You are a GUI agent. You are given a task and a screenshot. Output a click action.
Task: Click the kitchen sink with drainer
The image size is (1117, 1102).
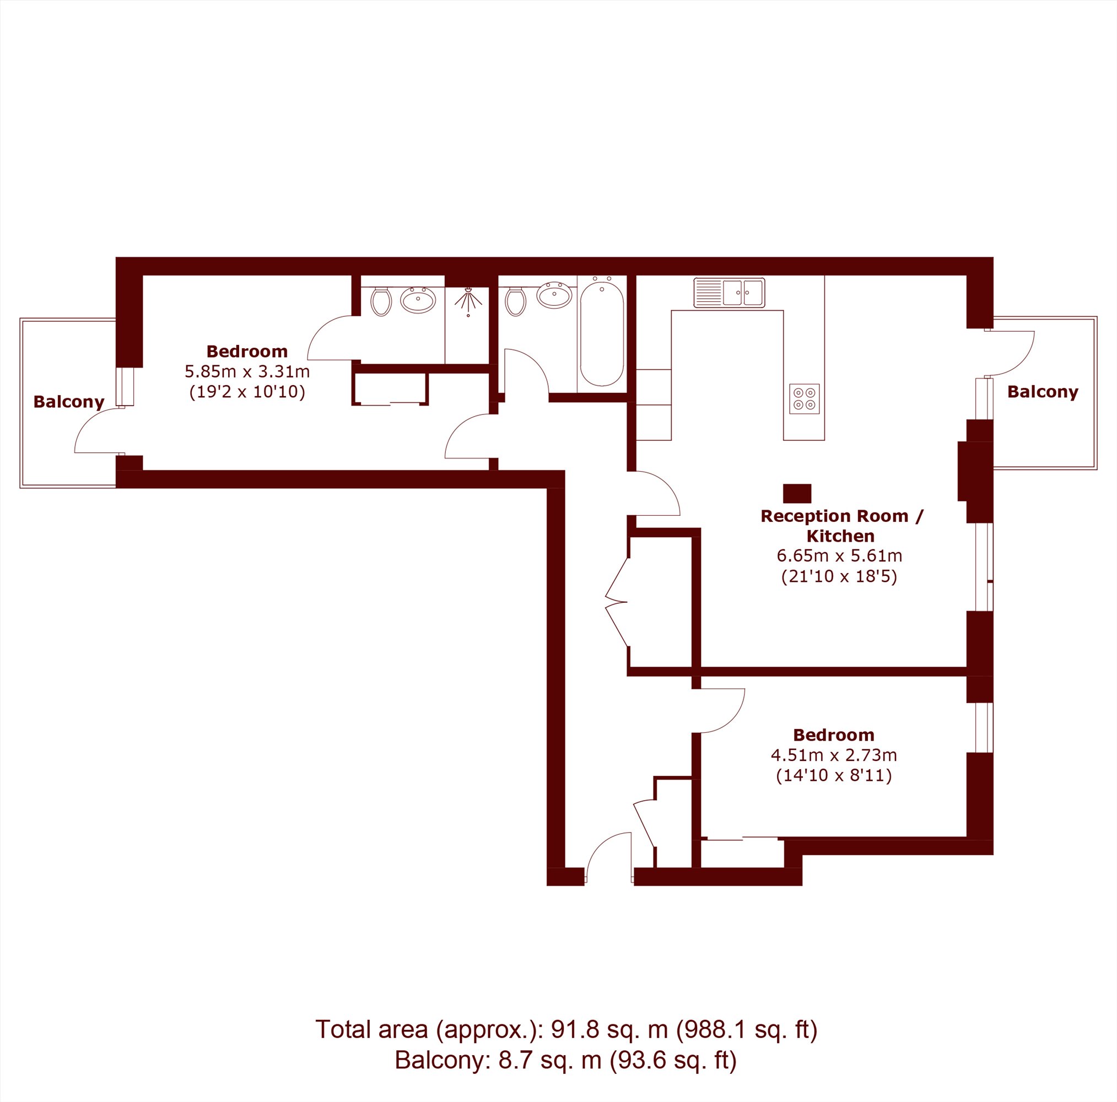click(729, 293)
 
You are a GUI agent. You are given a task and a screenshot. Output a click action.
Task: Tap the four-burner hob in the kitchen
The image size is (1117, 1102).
click(804, 399)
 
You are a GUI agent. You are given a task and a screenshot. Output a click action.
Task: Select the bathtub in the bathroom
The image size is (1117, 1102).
click(602, 333)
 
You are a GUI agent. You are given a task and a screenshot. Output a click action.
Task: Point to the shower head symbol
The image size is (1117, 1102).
click(468, 301)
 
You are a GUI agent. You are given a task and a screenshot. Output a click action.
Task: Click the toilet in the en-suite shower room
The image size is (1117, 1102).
click(381, 301)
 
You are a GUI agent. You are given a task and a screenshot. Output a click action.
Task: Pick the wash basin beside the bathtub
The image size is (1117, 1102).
click(554, 295)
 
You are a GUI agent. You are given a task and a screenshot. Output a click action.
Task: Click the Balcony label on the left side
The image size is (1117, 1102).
click(69, 402)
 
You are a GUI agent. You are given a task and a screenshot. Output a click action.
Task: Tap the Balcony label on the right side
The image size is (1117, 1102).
click(1043, 392)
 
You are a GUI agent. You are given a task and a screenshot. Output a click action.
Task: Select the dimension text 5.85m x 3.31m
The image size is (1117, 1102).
click(247, 371)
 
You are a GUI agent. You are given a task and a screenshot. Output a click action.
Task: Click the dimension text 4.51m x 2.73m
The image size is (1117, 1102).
click(834, 755)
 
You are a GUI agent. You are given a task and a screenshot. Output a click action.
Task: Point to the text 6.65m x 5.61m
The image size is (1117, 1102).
click(839, 556)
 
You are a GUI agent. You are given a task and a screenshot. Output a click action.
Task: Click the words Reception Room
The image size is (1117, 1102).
click(834, 516)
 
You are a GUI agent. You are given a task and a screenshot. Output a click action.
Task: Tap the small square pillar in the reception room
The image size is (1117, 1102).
click(797, 494)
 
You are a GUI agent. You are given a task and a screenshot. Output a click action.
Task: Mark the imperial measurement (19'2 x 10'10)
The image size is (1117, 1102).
click(247, 392)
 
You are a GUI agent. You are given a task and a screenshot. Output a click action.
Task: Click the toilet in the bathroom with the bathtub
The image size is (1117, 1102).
click(515, 301)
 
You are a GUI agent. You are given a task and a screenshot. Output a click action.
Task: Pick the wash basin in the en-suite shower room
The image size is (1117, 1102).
click(418, 300)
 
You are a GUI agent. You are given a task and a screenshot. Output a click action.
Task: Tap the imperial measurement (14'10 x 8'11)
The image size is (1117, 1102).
click(834, 775)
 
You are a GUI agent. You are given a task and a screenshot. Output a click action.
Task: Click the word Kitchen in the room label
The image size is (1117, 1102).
click(840, 536)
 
